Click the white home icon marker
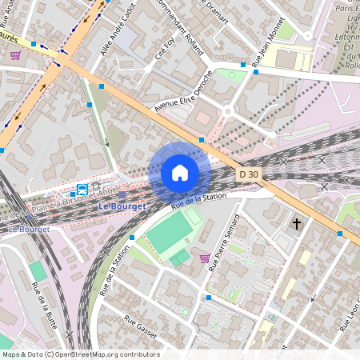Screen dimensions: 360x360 [180, 173]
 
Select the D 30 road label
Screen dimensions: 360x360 [248, 174]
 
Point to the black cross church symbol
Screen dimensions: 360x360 [297, 224]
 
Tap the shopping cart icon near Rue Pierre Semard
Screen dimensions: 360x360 [206, 258]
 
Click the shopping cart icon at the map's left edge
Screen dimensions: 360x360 [15, 54]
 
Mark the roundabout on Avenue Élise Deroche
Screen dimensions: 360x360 [227, 113]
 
